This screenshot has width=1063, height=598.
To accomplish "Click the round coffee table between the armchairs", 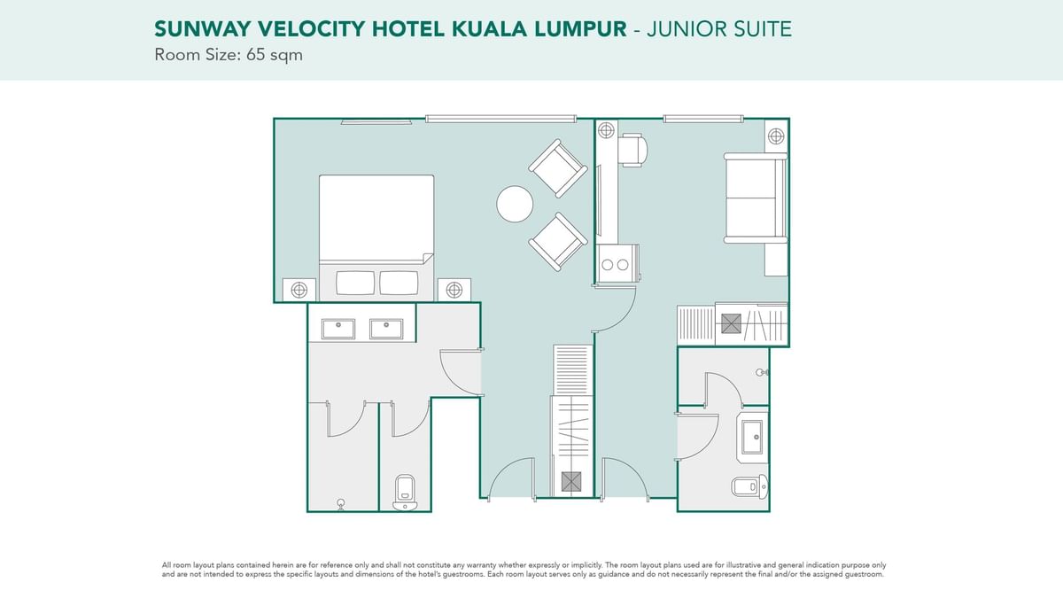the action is (x=515, y=204).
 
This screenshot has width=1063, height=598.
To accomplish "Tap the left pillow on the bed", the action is (x=355, y=283).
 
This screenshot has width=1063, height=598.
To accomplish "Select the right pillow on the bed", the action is (x=399, y=283).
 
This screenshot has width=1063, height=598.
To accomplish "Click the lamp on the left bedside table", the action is (x=299, y=290).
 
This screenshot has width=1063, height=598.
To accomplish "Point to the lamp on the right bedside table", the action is (x=454, y=290).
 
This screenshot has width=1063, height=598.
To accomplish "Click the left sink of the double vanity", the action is (x=338, y=329).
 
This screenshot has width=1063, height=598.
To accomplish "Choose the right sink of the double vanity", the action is (x=386, y=329).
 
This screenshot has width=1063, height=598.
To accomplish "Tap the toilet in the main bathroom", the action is (x=405, y=493).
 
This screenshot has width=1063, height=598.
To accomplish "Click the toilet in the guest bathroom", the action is (x=749, y=486).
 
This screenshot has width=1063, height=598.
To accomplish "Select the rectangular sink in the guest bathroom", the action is (x=753, y=437).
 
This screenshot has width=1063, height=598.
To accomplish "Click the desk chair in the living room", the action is (x=633, y=150).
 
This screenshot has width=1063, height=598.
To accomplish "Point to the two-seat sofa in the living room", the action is (x=756, y=198).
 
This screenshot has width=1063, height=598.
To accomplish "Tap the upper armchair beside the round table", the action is (x=558, y=168).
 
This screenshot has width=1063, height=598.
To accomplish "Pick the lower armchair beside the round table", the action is (x=558, y=242).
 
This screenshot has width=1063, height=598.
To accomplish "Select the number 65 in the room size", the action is (x=255, y=55).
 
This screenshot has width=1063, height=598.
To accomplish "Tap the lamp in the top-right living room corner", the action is (x=776, y=136).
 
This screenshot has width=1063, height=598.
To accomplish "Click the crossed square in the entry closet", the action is (x=570, y=482).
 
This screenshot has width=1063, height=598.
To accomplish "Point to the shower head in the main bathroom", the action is (x=341, y=504).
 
